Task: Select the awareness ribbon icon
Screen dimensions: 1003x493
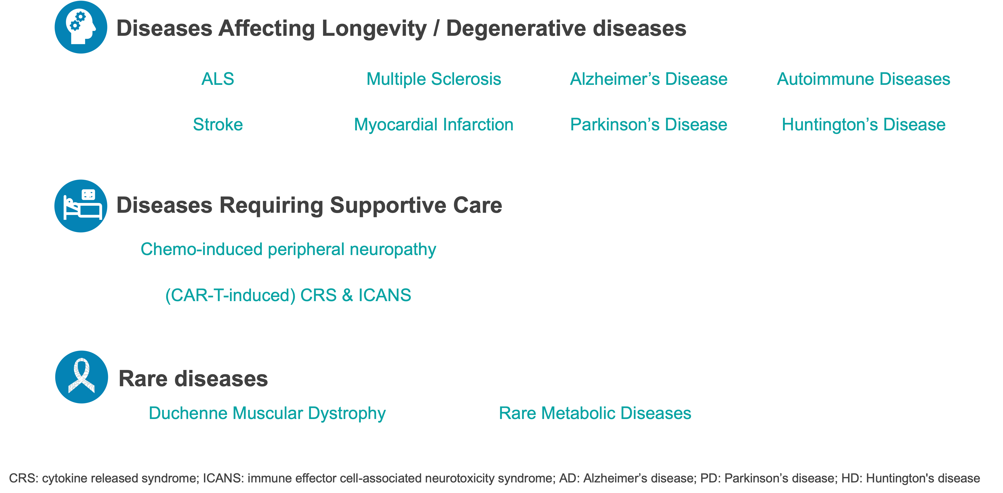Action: (x=82, y=377)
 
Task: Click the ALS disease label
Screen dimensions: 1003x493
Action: (x=218, y=79)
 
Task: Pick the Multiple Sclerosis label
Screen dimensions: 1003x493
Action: (x=434, y=79)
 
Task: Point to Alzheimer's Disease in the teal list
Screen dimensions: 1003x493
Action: (x=649, y=79)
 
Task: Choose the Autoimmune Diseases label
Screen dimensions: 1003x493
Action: (x=864, y=79)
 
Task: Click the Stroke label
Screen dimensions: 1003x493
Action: (x=218, y=124)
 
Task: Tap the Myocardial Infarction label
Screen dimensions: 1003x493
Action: (x=434, y=124)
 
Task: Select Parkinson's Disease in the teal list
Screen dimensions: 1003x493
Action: (x=649, y=124)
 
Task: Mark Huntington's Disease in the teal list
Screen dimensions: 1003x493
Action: (x=864, y=124)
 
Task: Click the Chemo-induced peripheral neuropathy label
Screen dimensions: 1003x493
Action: (x=288, y=249)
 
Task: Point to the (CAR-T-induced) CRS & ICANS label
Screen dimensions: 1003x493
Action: (x=288, y=295)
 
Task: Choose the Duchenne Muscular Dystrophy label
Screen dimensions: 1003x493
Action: (x=267, y=413)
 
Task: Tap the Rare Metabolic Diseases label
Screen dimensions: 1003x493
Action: (x=595, y=413)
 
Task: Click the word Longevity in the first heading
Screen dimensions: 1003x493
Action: (x=374, y=29)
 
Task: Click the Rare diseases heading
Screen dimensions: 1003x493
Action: (x=193, y=379)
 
